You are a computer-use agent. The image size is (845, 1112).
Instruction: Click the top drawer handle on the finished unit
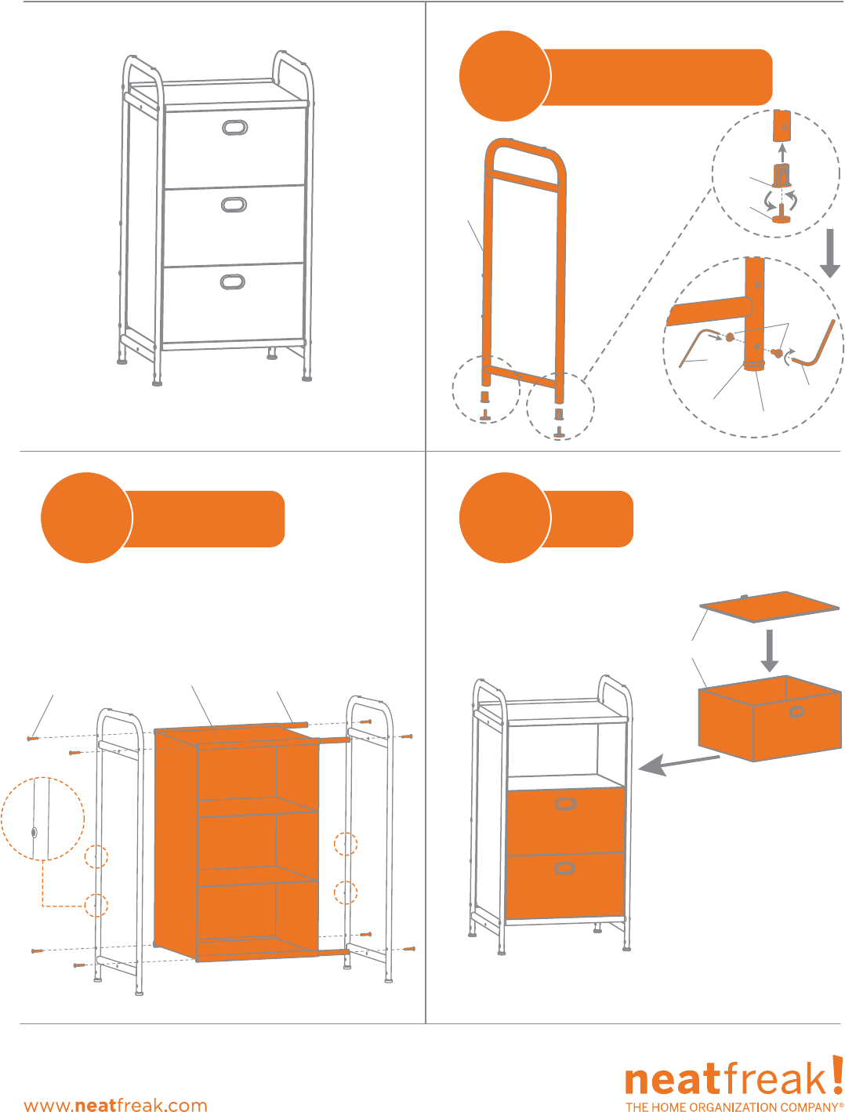[235, 128]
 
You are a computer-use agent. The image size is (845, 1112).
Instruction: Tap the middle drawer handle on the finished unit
[234, 205]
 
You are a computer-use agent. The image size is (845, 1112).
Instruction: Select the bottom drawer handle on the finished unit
[233, 282]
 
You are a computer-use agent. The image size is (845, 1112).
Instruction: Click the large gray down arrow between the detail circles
[830, 253]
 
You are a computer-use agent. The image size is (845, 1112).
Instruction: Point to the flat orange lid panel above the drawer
[769, 606]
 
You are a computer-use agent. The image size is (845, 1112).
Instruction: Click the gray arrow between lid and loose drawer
[770, 650]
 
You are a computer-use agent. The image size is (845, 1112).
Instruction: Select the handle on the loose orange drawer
[797, 712]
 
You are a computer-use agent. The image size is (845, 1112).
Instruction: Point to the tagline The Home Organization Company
[734, 1107]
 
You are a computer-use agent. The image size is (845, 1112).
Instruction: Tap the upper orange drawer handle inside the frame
[566, 804]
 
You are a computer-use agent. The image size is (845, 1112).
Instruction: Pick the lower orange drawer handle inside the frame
[564, 868]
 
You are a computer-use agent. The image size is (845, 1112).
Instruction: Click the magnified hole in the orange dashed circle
[34, 832]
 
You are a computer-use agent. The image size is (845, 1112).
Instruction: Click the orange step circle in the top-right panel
[505, 76]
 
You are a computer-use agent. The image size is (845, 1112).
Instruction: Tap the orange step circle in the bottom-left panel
[86, 518]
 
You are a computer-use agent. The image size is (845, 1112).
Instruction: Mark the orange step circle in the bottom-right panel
[505, 518]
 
